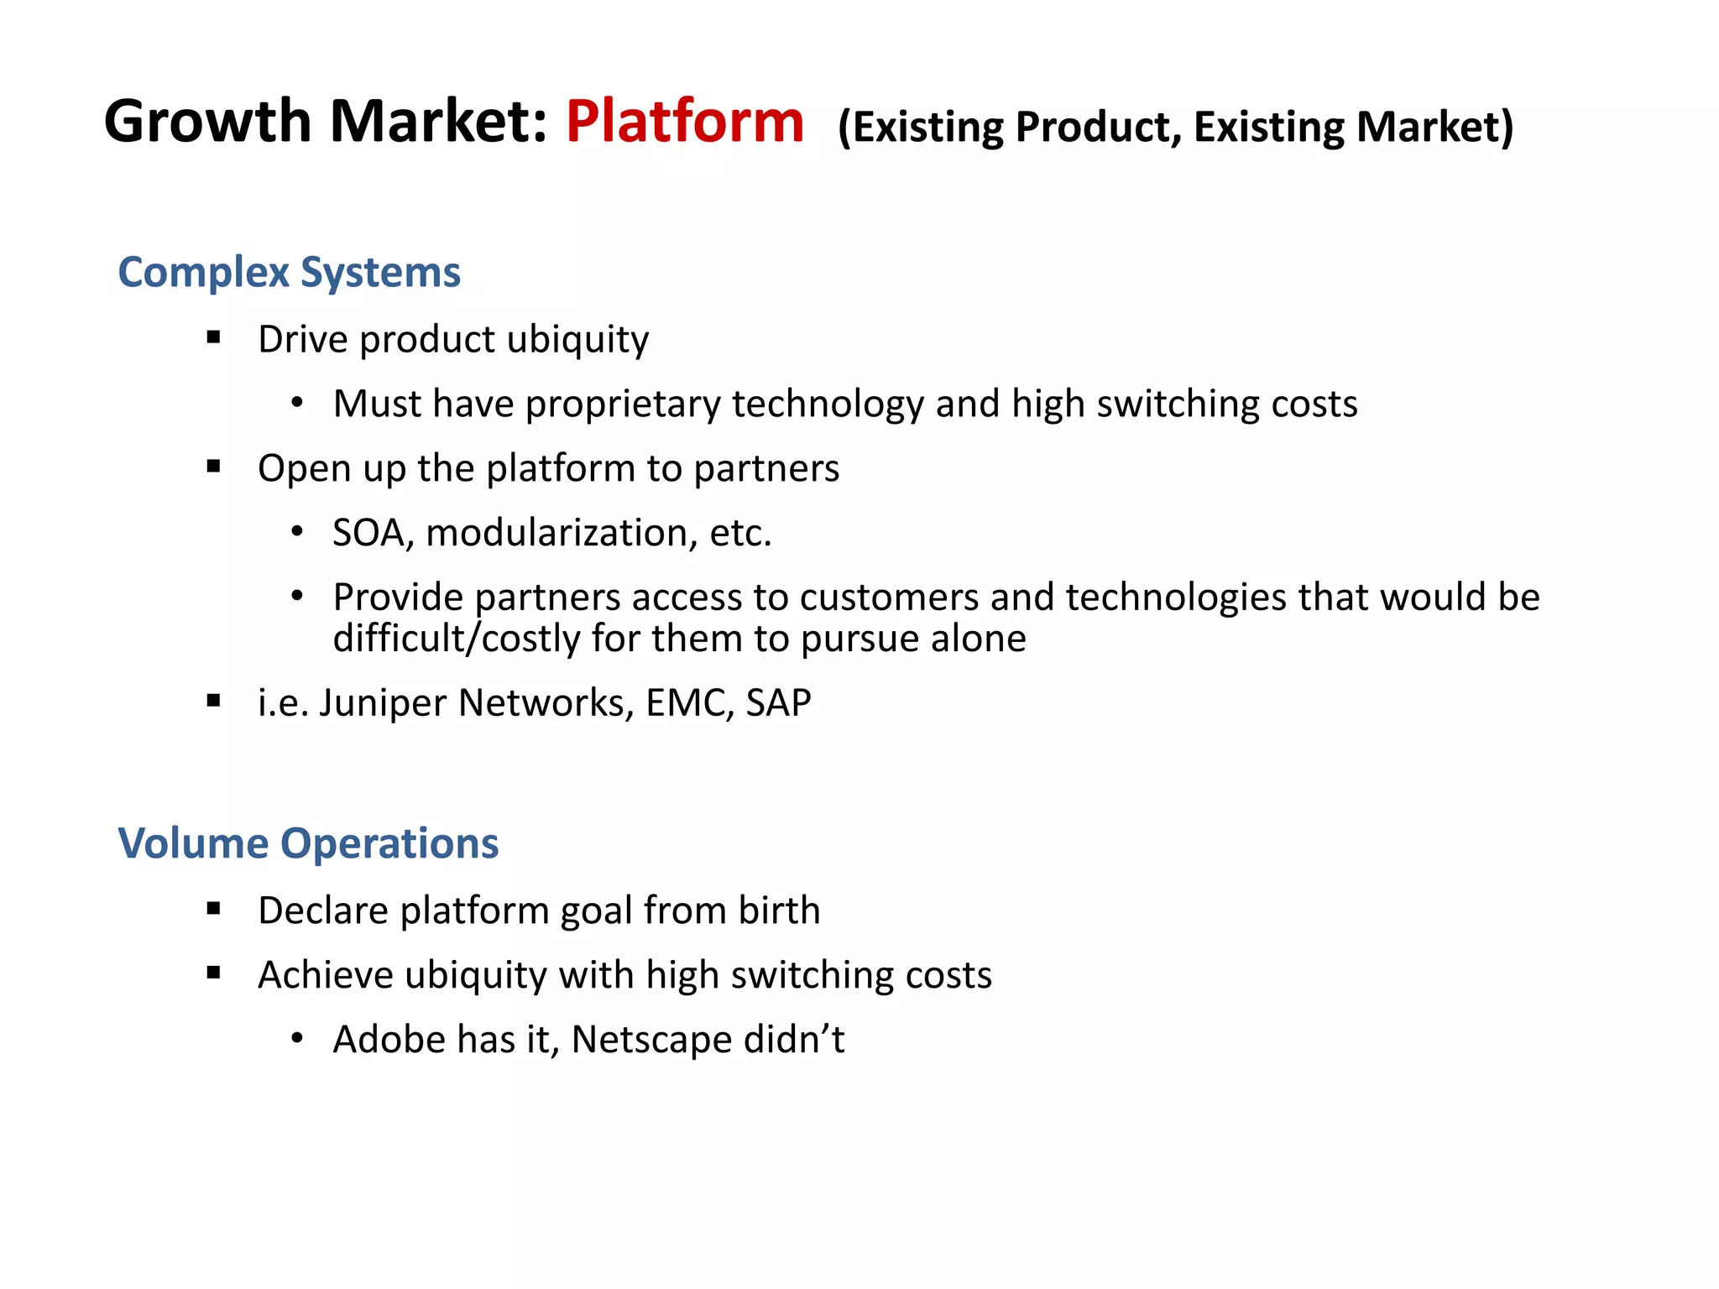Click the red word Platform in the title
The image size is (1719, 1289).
tap(684, 123)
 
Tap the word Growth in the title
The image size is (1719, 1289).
tap(207, 123)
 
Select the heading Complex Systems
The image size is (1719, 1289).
tap(289, 273)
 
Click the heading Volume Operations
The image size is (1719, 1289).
tap(308, 843)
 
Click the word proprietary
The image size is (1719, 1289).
tap(622, 405)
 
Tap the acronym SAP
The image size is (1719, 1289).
tap(778, 703)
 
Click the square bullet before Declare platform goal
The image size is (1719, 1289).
tap(213, 908)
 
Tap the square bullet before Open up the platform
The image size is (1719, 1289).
tap(213, 467)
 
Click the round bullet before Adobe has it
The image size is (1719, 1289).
tap(296, 1039)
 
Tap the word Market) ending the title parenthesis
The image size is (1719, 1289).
tap(1434, 128)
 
